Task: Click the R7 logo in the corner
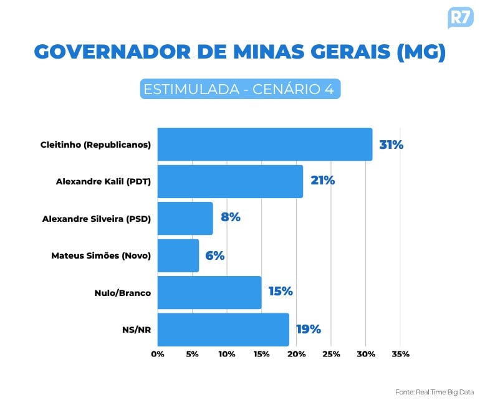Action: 459,17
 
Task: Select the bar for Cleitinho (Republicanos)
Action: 264,145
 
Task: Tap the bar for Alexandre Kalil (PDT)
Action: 230,181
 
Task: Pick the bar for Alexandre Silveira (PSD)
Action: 185,219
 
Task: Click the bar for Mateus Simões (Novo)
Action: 178,255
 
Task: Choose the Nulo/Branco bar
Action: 209,292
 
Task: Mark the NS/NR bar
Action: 223,330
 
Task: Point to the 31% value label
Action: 391,145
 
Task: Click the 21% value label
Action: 322,181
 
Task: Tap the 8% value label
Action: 230,217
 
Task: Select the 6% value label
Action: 214,255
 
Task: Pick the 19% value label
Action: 308,329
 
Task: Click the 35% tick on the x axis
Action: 400,355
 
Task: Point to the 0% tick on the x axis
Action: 158,355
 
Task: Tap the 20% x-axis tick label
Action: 296,355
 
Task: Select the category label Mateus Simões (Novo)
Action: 101,255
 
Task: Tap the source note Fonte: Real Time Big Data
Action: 434,392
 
